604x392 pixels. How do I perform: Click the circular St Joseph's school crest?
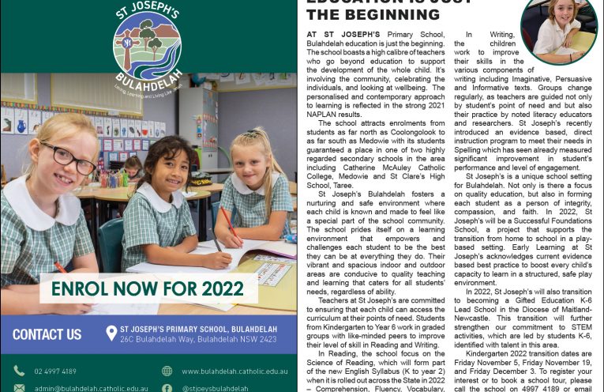click(x=147, y=46)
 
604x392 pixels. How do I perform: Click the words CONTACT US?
click(x=47, y=334)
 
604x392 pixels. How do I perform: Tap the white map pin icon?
click(x=111, y=334)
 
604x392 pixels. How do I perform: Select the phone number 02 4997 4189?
click(x=55, y=371)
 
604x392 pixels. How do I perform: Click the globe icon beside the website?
click(x=167, y=371)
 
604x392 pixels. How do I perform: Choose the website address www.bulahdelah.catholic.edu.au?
click(x=234, y=371)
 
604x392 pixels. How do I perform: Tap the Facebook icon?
click(x=167, y=388)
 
